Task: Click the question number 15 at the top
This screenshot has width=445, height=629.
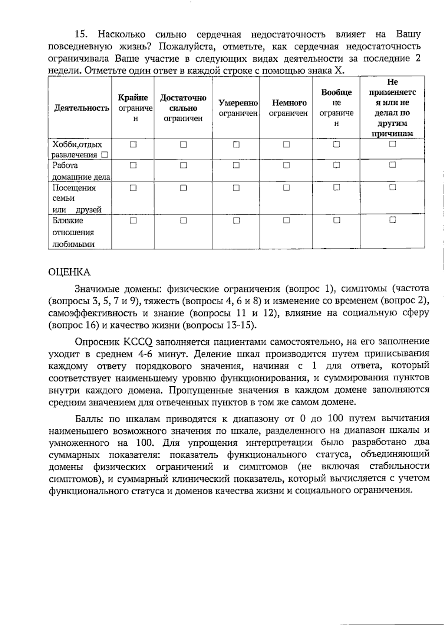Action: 81,35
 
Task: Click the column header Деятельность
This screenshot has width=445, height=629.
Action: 82,108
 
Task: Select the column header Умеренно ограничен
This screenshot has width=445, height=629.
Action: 238,108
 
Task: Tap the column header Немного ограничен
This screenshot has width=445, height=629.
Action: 288,108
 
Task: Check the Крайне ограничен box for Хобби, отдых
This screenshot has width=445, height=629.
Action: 133,144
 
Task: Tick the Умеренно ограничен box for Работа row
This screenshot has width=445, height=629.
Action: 236,165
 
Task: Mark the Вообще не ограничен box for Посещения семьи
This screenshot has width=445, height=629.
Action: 336,188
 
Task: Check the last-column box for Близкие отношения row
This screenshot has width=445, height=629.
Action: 393,220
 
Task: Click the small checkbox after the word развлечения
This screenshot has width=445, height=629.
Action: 105,155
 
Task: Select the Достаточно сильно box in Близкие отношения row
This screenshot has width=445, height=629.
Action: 184,220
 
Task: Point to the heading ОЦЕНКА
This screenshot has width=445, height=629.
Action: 69,272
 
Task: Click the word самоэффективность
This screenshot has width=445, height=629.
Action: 93,313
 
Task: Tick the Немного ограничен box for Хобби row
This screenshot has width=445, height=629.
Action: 286,144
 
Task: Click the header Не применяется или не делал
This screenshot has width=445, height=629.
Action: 392,108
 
